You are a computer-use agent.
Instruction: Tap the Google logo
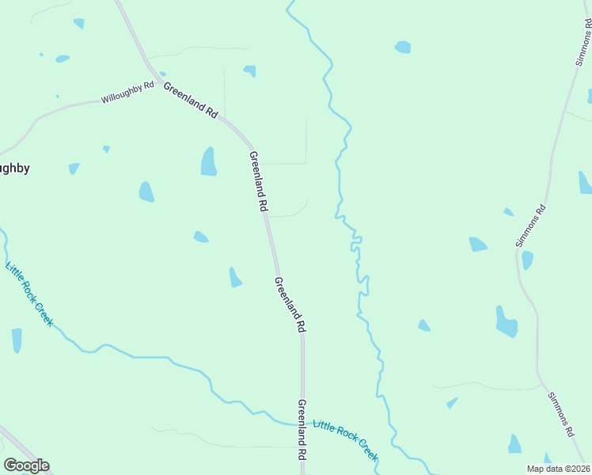(26, 465)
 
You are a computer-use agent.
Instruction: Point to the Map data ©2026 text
(557, 469)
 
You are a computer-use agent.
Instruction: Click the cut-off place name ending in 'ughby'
(14, 168)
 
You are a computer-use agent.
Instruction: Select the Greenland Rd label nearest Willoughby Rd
(190, 101)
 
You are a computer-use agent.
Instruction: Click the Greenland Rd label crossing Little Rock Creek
(302, 430)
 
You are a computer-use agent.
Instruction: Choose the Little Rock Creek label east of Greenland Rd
(345, 442)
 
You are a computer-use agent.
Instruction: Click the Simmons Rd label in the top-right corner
(583, 39)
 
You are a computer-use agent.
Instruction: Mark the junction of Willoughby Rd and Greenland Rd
(161, 82)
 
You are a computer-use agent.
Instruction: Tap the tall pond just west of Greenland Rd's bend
(208, 161)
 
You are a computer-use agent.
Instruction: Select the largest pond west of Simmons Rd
(506, 322)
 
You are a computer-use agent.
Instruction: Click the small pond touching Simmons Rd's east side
(527, 260)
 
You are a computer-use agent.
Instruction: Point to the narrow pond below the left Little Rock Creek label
(17, 340)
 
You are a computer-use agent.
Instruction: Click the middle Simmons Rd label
(531, 226)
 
